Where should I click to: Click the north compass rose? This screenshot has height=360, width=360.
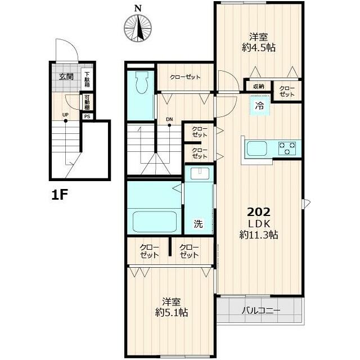(138, 28)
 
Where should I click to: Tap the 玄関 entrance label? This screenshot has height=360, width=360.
(66, 76)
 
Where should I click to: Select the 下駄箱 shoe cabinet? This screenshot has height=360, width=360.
(87, 79)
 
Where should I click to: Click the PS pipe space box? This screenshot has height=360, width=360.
(87, 116)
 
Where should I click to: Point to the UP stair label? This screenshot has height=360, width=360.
(65, 115)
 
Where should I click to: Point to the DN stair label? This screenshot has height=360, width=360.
(169, 119)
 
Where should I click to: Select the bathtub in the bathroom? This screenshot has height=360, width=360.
(155, 222)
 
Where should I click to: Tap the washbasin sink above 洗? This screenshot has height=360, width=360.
(200, 173)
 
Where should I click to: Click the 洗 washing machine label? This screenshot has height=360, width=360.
(198, 224)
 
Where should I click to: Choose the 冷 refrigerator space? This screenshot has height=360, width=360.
(260, 106)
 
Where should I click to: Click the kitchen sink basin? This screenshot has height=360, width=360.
(256, 148)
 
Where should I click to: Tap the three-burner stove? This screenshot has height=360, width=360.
(287, 148)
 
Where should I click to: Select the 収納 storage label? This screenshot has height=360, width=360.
(259, 87)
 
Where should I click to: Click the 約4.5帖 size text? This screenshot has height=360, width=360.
(259, 48)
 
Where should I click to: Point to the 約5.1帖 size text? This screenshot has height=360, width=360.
(172, 313)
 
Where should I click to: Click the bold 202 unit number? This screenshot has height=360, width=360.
(259, 213)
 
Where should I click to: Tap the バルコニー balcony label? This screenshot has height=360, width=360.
(261, 311)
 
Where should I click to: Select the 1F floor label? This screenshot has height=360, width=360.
(59, 195)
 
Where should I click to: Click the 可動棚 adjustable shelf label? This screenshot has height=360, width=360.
(87, 102)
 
